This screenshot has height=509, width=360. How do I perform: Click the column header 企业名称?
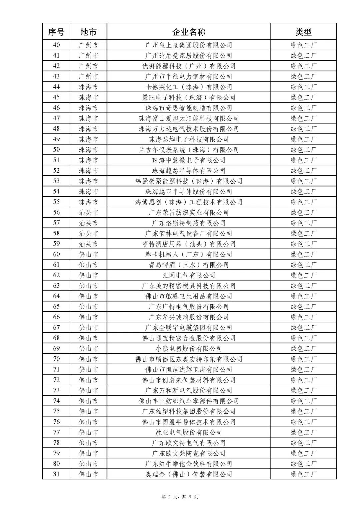189,32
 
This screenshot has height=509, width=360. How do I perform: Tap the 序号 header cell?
56,32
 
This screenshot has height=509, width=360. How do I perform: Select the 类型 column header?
303,32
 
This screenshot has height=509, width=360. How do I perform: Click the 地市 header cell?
88,32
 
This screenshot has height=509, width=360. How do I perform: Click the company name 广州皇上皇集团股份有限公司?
189,45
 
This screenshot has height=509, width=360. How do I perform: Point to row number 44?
56,87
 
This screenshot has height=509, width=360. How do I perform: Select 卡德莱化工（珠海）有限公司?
189,87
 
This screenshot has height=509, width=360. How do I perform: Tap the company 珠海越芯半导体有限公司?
189,171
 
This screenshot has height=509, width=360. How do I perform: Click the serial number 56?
56,212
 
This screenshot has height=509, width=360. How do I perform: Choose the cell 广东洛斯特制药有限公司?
189,223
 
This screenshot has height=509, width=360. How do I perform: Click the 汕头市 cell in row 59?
88,244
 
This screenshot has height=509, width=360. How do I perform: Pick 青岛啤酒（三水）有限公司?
189,265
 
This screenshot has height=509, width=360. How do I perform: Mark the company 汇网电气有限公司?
189,275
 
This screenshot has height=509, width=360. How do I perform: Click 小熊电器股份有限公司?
189,349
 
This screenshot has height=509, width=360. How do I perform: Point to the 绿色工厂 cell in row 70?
303,359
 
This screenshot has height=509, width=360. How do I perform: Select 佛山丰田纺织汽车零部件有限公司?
189,401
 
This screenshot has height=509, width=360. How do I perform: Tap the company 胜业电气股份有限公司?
189,432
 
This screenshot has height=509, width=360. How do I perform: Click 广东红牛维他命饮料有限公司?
189,464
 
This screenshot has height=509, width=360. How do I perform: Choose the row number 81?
56,474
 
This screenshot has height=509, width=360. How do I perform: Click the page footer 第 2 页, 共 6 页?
180,497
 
